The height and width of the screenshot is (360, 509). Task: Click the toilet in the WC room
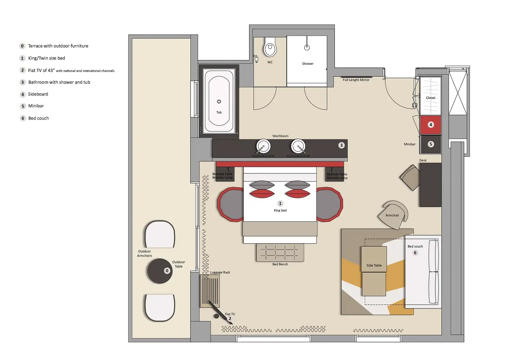pyautogui.click(x=270, y=48)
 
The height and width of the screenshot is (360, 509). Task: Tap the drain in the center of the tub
pyautogui.click(x=219, y=102)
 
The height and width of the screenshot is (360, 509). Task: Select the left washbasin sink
pyautogui.click(x=263, y=147)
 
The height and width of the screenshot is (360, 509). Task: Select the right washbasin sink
pyautogui.click(x=298, y=147)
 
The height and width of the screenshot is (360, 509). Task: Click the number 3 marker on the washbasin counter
pyautogui.click(x=341, y=145)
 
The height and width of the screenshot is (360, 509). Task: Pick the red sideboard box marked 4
pyautogui.click(x=431, y=125)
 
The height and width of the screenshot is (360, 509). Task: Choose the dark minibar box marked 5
pyautogui.click(x=431, y=144)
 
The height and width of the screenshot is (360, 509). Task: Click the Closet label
pyautogui.click(x=431, y=98)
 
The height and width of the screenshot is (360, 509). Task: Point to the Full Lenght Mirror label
pyautogui.click(x=356, y=80)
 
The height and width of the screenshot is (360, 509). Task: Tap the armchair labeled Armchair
pyautogui.click(x=393, y=215)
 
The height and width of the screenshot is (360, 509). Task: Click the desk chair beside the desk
pyautogui.click(x=410, y=177)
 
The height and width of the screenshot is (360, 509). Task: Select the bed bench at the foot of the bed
pyautogui.click(x=280, y=253)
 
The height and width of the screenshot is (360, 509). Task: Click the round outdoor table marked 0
pyautogui.click(x=160, y=271)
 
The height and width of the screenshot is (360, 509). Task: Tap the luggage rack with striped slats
pyautogui.click(x=210, y=291)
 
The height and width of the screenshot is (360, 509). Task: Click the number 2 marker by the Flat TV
pyautogui.click(x=230, y=319)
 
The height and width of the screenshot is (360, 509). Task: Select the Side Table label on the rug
pyautogui.click(x=374, y=265)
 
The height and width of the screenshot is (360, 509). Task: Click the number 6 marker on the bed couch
pyautogui.click(x=415, y=253)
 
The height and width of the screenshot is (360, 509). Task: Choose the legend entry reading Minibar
pyautogui.click(x=36, y=106)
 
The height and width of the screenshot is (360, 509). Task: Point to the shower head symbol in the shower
pyautogui.click(x=307, y=47)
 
